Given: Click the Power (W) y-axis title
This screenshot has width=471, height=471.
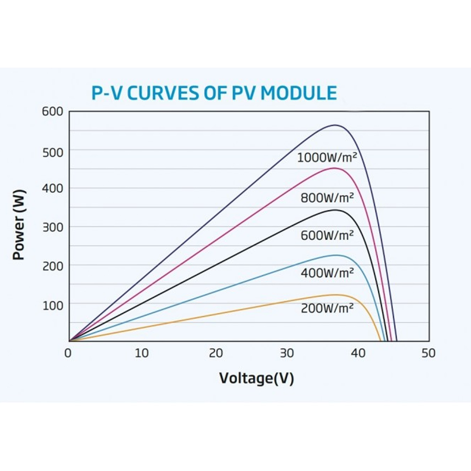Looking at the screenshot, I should point(19,225).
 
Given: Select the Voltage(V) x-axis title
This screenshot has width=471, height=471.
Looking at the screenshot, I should point(256,378).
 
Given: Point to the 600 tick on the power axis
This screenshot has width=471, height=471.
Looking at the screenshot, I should point(52,112).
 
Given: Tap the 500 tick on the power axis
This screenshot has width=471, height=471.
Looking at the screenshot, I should point(52,151).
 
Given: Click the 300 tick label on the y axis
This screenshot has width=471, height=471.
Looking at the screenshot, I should point(52,227).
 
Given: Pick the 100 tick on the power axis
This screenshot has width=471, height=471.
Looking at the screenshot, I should point(52,305).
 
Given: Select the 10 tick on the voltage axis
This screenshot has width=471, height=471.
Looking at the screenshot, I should point(142,353).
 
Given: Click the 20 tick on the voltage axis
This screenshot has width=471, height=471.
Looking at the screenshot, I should point(215,353).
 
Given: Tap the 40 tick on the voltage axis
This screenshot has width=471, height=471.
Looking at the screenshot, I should point(358,353).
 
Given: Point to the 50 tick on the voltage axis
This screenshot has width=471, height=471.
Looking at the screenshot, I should point(429,353).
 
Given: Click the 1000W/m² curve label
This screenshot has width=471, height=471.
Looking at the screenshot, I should point(326,157).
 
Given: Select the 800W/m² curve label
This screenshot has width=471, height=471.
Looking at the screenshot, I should point(327,197).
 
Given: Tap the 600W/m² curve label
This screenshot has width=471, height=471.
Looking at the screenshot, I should point(327,235).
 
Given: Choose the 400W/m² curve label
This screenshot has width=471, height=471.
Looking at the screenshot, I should point(327,272).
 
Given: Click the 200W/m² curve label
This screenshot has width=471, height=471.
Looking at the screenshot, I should point(327,309).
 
